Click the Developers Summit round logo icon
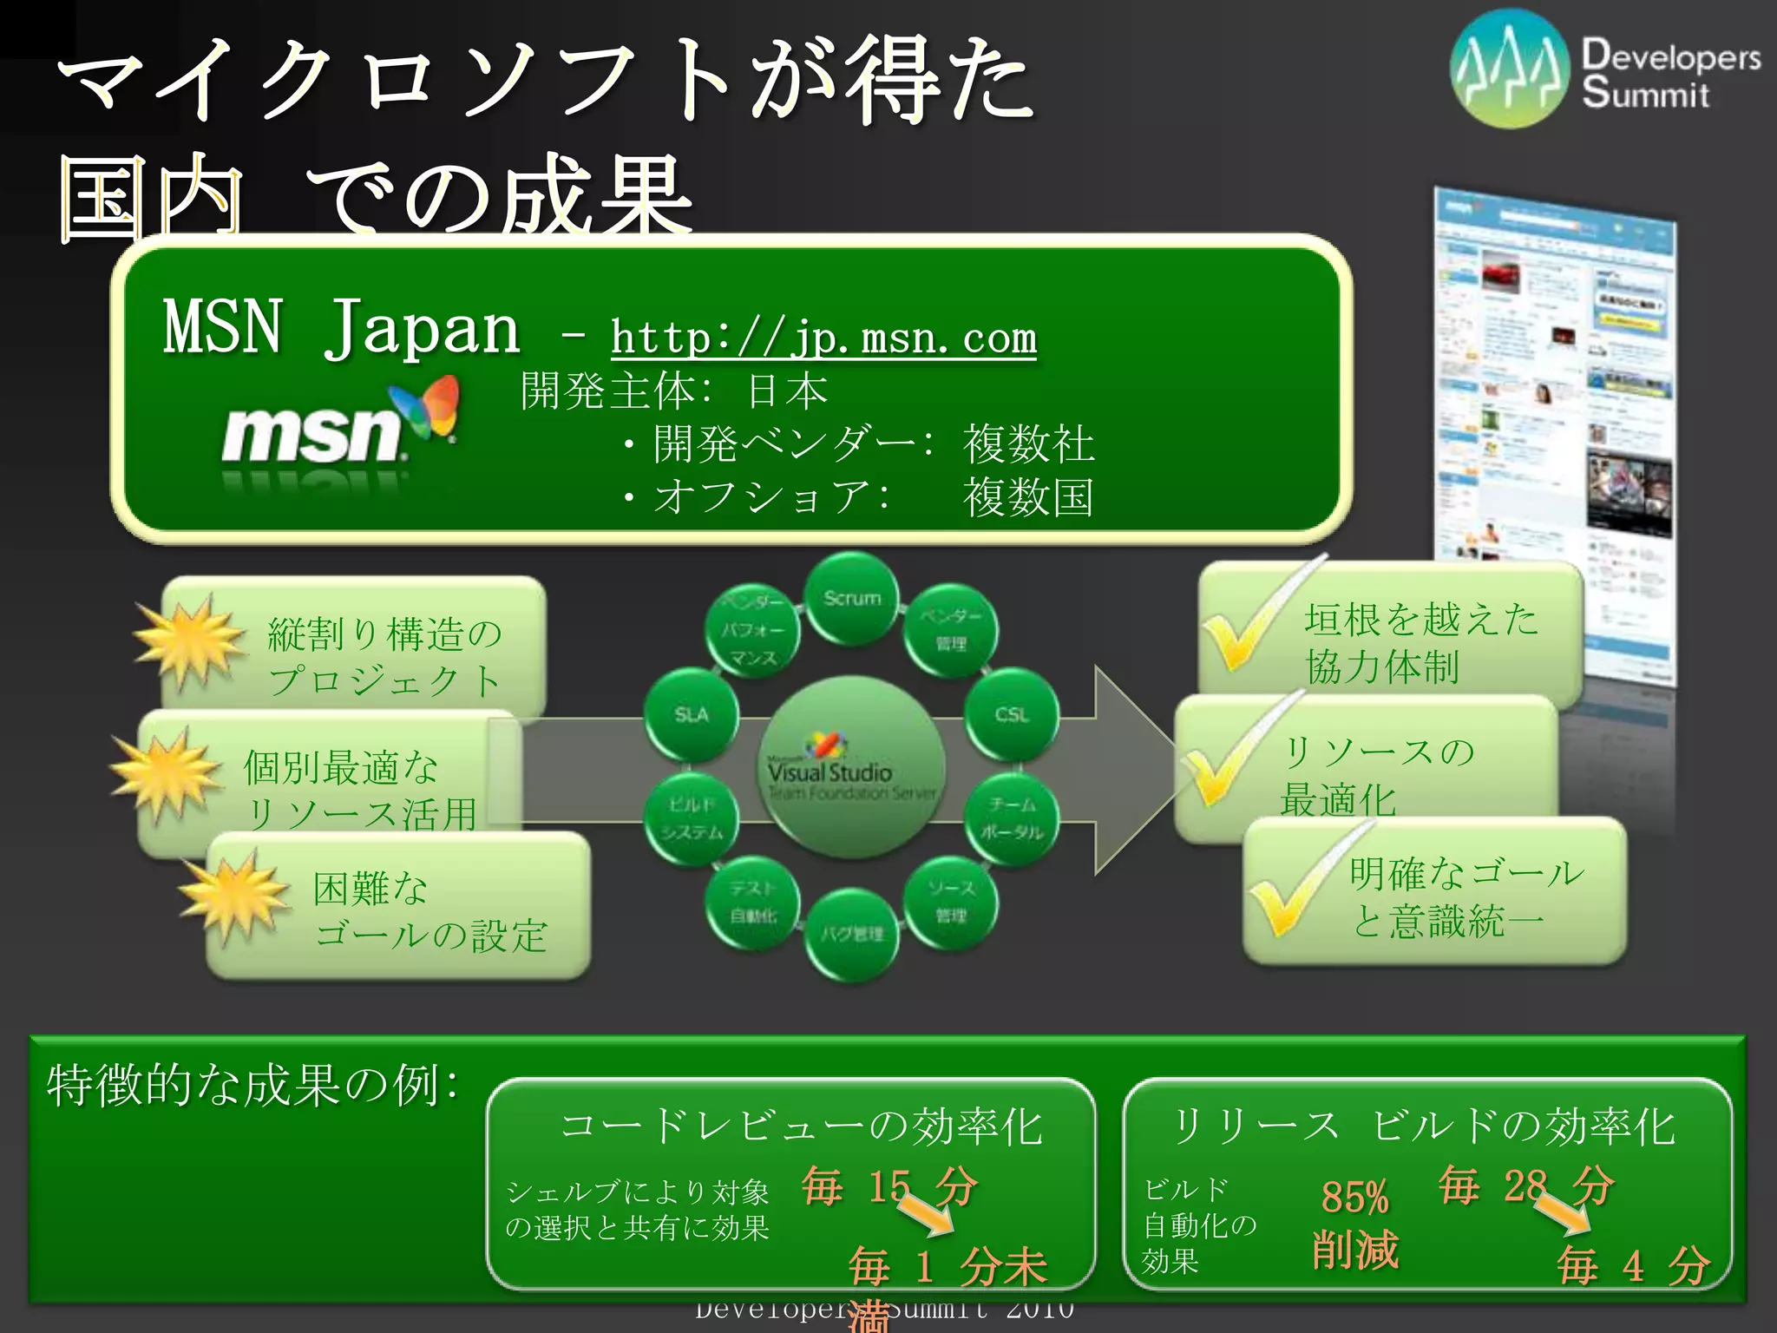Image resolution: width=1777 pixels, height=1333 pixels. (x=1511, y=69)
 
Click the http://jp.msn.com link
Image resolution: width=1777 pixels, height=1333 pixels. (x=823, y=338)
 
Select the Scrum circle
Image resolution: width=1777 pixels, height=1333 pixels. (x=852, y=600)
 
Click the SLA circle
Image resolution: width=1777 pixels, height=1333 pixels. (x=692, y=715)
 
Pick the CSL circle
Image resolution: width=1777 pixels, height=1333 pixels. (x=1012, y=715)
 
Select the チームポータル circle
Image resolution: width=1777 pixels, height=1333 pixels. (x=1012, y=818)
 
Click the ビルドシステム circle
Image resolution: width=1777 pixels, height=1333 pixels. (x=692, y=818)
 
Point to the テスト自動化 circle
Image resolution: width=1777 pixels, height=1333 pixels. (x=753, y=903)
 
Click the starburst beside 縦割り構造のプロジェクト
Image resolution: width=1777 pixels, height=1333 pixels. (x=187, y=642)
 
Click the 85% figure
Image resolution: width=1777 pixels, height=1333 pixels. (x=1354, y=1198)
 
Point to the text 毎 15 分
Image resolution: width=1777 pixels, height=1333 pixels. (x=890, y=1185)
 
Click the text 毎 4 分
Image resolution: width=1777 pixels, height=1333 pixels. (x=1633, y=1265)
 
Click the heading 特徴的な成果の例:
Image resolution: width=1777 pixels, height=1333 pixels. (x=252, y=1085)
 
